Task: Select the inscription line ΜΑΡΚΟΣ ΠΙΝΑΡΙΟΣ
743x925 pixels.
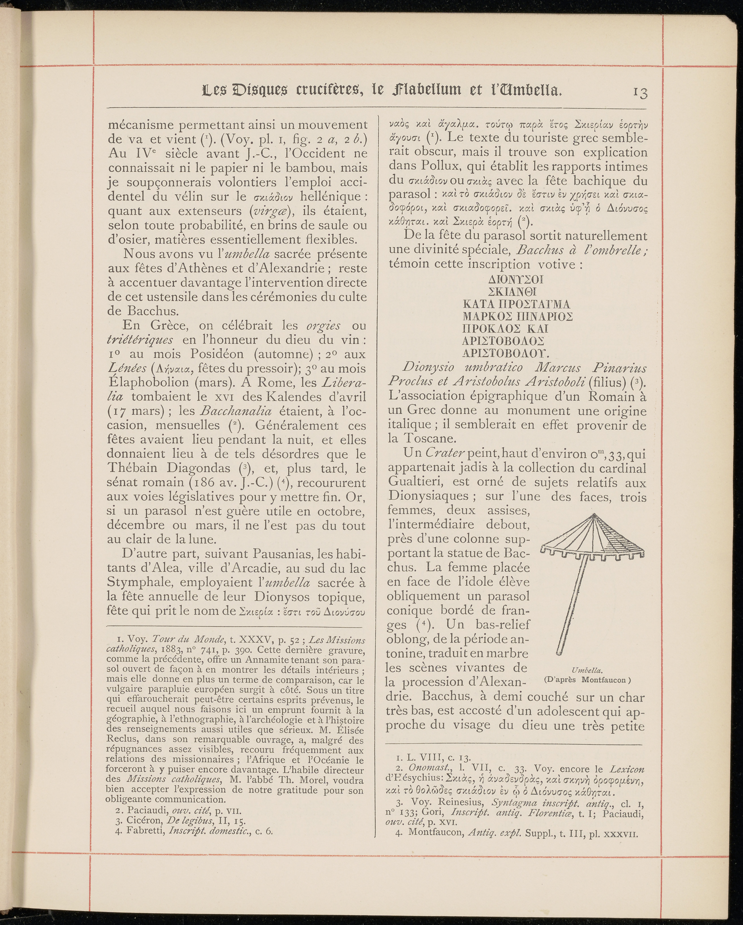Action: (518, 317)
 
